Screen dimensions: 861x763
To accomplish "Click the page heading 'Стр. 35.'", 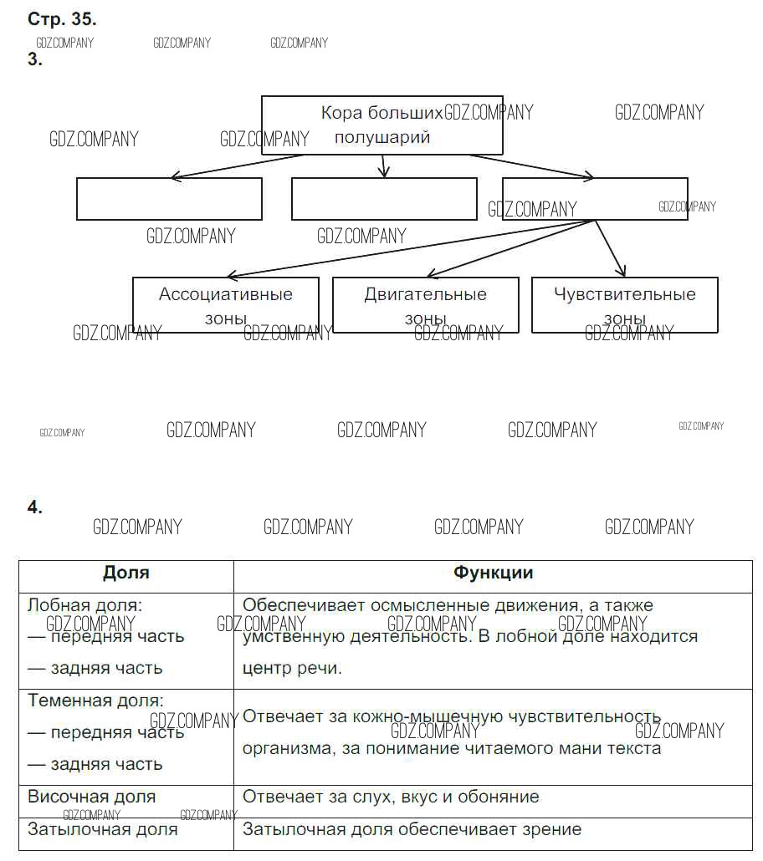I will click(x=62, y=18).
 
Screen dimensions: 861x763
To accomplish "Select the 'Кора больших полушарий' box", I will click(x=382, y=125).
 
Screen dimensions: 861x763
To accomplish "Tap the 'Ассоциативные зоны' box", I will click(x=226, y=305).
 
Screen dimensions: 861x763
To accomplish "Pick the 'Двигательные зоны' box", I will click(x=425, y=305).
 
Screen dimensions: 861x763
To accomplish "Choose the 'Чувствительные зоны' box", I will click(x=624, y=305).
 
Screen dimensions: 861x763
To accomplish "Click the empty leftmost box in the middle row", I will click(x=169, y=199).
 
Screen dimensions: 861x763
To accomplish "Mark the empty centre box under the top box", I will click(x=384, y=199).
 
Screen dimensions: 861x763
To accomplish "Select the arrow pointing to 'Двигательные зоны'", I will click(x=510, y=248).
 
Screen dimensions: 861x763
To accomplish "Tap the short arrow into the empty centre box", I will click(x=382, y=166).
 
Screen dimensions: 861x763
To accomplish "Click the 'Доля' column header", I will click(x=126, y=573).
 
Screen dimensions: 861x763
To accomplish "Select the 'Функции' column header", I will click(x=493, y=573).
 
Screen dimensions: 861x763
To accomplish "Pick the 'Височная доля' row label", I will click(x=92, y=797).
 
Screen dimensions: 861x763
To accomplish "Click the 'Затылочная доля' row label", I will click(x=103, y=829).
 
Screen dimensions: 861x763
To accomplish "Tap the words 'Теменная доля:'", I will click(x=95, y=701).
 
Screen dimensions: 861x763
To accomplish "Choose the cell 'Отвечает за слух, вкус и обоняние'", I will click(x=391, y=797).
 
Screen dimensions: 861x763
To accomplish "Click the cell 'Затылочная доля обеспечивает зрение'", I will click(x=412, y=829).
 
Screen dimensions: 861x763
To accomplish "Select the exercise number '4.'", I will click(x=35, y=507).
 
